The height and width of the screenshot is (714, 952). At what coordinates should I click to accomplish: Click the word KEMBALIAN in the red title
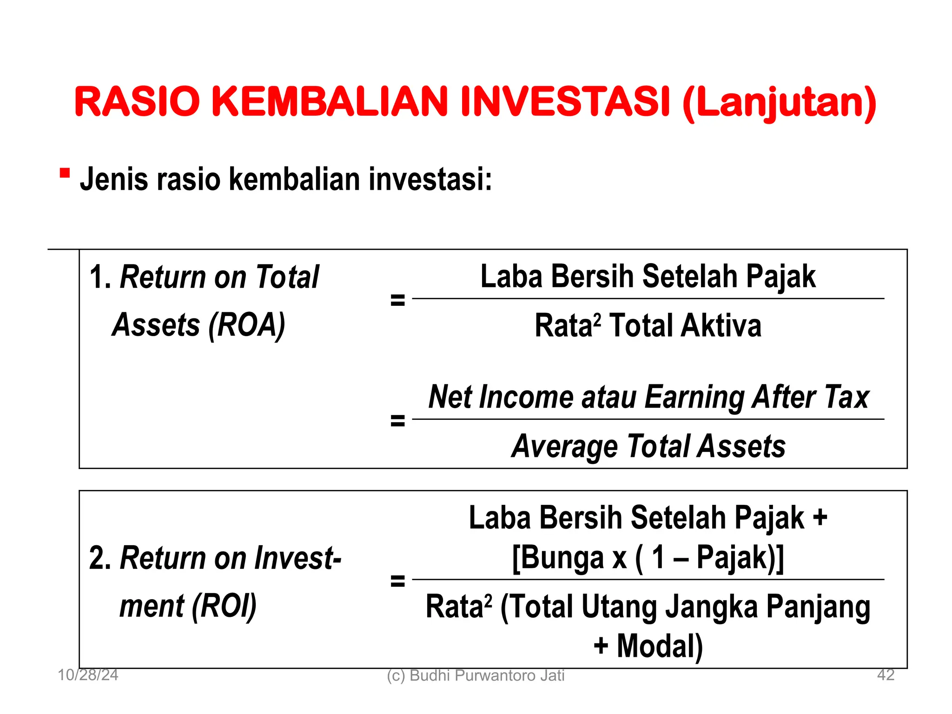coord(330,102)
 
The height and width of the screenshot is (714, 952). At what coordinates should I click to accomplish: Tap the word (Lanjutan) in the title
coord(780,103)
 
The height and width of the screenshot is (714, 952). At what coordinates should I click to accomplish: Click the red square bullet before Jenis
coord(65,173)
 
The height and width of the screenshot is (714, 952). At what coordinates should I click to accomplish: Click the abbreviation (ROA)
coord(246,325)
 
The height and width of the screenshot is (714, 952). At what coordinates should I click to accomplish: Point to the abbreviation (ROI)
coord(224,606)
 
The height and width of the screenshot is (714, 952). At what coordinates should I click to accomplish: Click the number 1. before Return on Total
coord(100,277)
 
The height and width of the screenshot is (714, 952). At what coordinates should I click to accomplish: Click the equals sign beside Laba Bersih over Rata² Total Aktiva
coord(397,300)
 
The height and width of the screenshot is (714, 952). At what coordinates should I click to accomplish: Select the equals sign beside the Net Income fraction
coord(397,421)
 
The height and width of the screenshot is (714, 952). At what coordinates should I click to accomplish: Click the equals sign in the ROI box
coord(397,581)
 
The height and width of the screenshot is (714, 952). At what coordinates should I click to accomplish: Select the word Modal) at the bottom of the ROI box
coord(660,646)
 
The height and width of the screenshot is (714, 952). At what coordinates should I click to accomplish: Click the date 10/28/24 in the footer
coord(88,675)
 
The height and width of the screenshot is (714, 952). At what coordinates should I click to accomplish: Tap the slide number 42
coord(886,675)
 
